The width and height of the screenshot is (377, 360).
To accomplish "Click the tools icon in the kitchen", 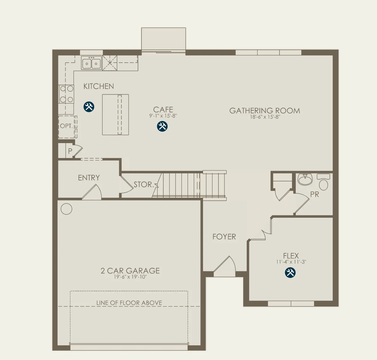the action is click(89, 107).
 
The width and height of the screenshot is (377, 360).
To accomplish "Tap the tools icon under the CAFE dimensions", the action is click(162, 126).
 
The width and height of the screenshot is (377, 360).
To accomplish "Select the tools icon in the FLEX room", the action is click(290, 273).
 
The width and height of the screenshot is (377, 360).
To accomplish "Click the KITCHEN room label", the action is click(99, 86).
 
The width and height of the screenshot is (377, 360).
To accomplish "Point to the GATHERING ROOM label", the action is click(265, 111).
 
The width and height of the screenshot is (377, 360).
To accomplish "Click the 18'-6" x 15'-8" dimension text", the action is click(265, 117).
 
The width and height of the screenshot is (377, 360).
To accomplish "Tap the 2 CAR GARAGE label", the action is click(130, 271).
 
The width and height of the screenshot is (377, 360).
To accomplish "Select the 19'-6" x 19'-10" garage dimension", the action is click(130, 277).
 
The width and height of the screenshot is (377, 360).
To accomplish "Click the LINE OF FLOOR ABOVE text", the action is click(129, 303).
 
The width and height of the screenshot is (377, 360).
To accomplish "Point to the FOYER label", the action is click(224, 237).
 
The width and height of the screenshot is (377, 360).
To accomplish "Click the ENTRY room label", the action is click(89, 178).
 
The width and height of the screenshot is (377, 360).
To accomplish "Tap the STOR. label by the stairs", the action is click(144, 184).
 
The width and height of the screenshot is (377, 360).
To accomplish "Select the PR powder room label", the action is click(314, 194).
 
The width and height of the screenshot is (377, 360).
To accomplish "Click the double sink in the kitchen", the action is click(91, 63).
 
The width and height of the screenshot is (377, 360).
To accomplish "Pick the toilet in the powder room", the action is click(323, 182).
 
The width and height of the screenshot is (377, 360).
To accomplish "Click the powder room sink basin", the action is click(305, 179).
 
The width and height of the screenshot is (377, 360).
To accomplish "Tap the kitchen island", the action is click(115, 115).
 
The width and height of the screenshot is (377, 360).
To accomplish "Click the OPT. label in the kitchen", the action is click(66, 126).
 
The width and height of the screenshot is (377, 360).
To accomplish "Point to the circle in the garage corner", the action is click(66, 209).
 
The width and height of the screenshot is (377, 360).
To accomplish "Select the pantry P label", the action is click(70, 151).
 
